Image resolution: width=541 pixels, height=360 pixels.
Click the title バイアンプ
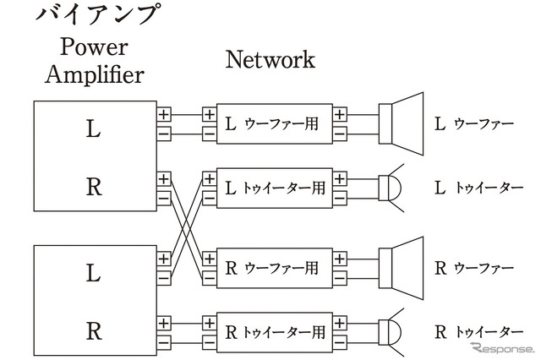pos(96,15)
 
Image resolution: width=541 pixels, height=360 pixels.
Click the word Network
pos(270,60)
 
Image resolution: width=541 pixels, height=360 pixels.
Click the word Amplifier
pos(95,74)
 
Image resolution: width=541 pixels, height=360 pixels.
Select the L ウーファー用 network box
pos(275,123)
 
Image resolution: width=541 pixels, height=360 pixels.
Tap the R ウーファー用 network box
pos(275,269)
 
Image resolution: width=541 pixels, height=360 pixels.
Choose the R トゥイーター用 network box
pos(275,331)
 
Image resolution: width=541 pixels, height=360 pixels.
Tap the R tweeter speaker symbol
pos(390,331)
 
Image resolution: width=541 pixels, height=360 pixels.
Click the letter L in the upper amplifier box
pos(94,129)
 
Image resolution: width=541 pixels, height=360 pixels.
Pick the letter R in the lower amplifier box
pos(94,330)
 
